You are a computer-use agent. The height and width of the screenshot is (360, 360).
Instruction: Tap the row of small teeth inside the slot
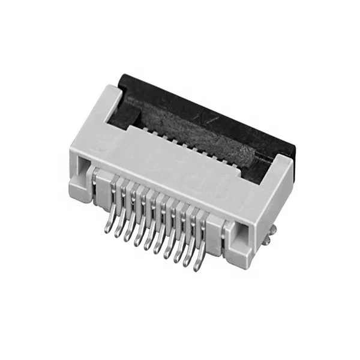[x=180, y=144]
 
